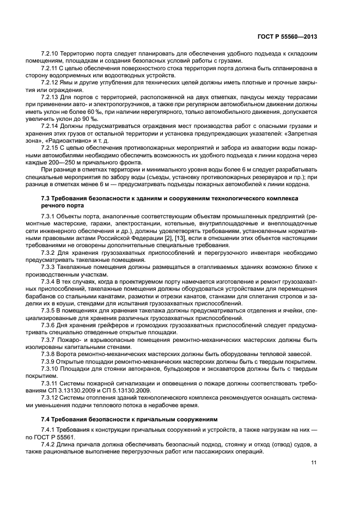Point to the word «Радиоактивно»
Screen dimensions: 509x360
click(63, 139)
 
